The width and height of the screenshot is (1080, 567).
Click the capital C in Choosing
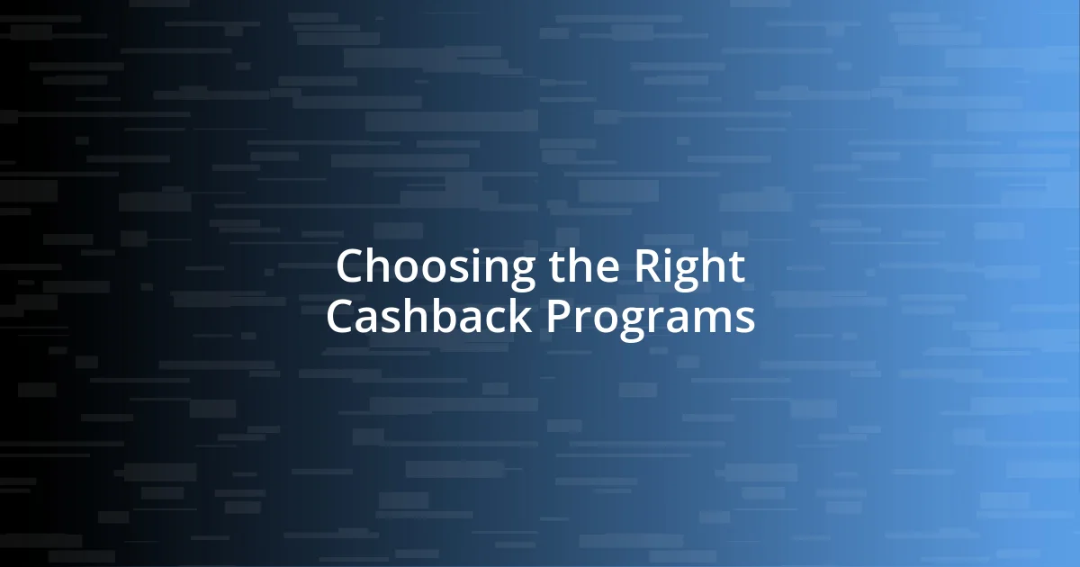coord(351,267)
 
